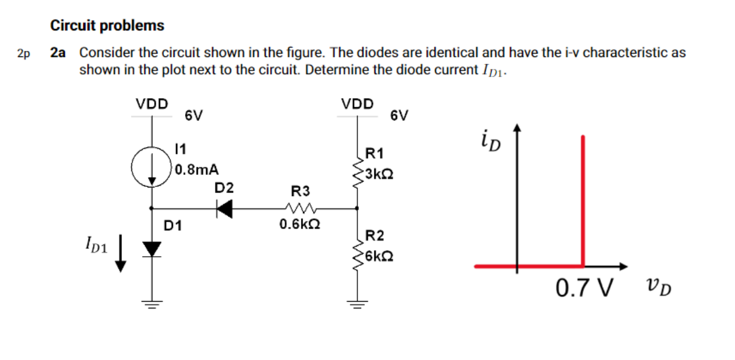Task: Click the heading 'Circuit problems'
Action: (x=107, y=25)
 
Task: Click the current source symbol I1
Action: (x=151, y=166)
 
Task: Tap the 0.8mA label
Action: (x=197, y=169)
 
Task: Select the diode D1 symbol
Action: (x=151, y=248)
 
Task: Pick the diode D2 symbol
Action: (x=225, y=209)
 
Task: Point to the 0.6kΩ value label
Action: (x=299, y=225)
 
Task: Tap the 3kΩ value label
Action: (x=381, y=174)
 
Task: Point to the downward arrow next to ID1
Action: (x=121, y=253)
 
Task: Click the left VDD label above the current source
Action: (x=151, y=104)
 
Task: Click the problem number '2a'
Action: (x=58, y=52)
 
